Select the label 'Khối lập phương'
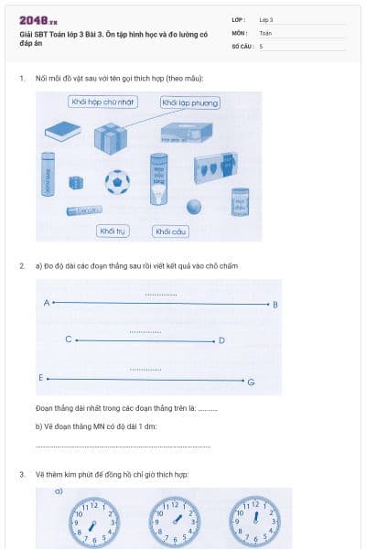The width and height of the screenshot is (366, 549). pyautogui.click(x=189, y=102)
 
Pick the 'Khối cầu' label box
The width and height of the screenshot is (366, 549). pyautogui.click(x=171, y=231)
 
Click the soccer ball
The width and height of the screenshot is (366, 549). pyautogui.click(x=117, y=181)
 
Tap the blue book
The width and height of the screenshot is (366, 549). pyautogui.click(x=61, y=134)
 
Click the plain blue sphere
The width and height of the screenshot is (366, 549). pyautogui.click(x=193, y=206)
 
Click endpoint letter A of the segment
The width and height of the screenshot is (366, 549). pyautogui.click(x=46, y=302)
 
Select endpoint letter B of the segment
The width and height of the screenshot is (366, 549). pyautogui.click(x=275, y=304)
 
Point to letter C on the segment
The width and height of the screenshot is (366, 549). pyautogui.click(x=68, y=339)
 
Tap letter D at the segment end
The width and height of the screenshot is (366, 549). pyautogui.click(x=222, y=341)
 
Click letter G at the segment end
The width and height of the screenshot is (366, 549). pyautogui.click(x=251, y=381)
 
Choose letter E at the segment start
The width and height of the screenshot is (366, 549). pyautogui.click(x=40, y=377)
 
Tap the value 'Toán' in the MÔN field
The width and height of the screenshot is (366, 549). pyautogui.click(x=265, y=32)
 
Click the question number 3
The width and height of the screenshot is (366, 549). pyautogui.click(x=21, y=474)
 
